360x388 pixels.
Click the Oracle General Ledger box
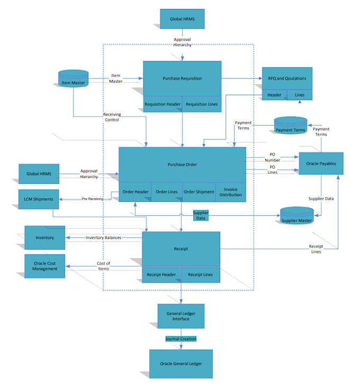pyautogui.click(x=181, y=364)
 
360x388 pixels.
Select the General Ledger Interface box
pyautogui.click(x=182, y=316)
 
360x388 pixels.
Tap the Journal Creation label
pyautogui.click(x=181, y=339)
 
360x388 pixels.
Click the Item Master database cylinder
pyautogui.click(x=73, y=82)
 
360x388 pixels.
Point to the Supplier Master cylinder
pyautogui.click(x=296, y=216)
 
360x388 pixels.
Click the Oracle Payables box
pyautogui.click(x=321, y=163)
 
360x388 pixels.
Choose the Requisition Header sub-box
pyautogui.click(x=163, y=104)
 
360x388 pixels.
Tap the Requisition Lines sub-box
pyautogui.click(x=202, y=104)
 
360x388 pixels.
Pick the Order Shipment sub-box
pyautogui.click(x=199, y=192)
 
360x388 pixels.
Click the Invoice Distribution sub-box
pyautogui.click(x=230, y=192)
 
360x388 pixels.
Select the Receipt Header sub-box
pyautogui.click(x=161, y=275)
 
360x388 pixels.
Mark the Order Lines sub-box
pyautogui.click(x=167, y=192)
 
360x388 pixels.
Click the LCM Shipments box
pyautogui.click(x=39, y=199)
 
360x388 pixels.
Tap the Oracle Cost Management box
pyautogui.click(x=45, y=266)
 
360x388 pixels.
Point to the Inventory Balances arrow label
pyautogui.click(x=104, y=237)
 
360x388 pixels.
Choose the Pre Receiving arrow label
pyautogui.click(x=92, y=199)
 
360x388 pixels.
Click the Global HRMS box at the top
pyautogui.click(x=182, y=20)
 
